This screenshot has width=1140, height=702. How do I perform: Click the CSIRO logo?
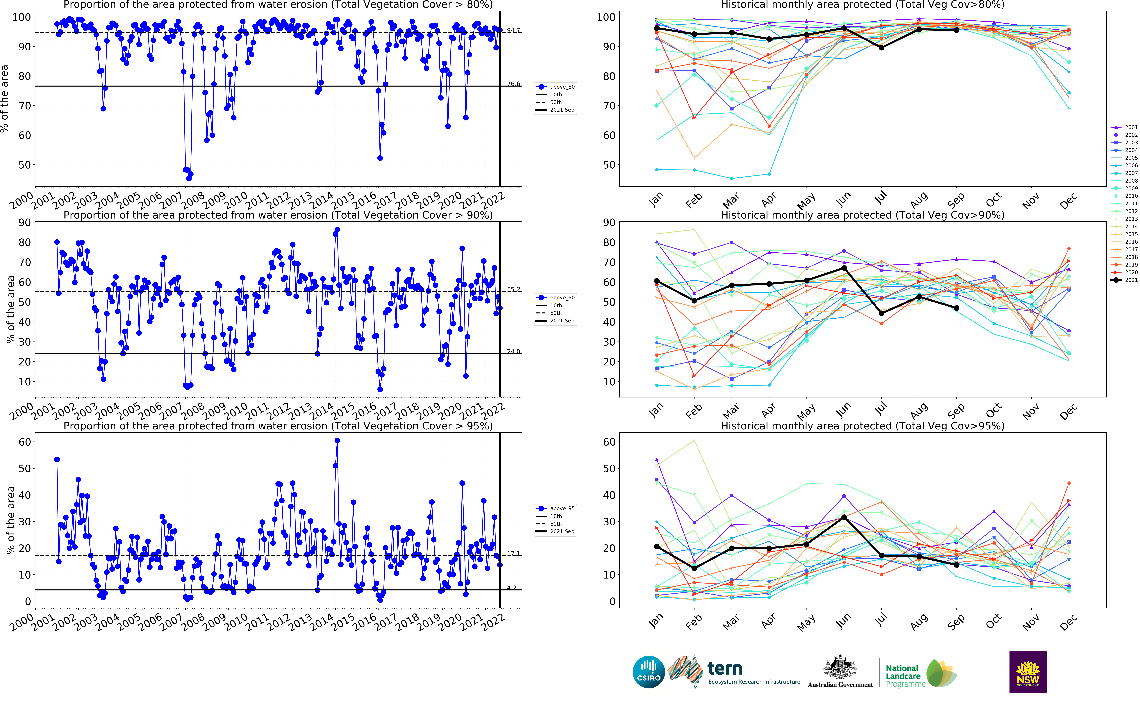tap(649, 672)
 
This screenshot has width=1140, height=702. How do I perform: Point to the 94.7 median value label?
tap(513, 31)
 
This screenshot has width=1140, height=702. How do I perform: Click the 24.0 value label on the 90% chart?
tap(513, 351)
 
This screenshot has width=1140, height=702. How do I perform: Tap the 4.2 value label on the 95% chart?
tap(511, 588)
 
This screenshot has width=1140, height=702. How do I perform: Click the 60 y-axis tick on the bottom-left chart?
tap(25, 442)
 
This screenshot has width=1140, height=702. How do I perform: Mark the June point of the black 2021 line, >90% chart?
tap(844, 268)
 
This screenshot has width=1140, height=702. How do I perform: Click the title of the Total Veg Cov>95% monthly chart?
tap(862, 426)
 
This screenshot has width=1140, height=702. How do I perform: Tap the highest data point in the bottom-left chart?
tap(337, 441)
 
